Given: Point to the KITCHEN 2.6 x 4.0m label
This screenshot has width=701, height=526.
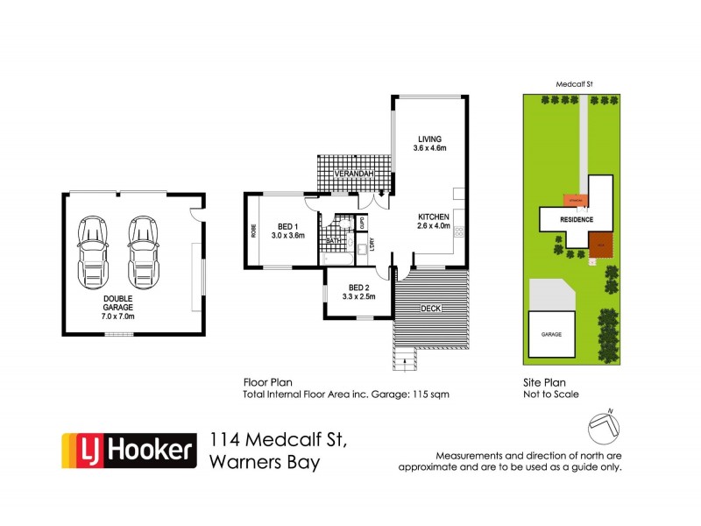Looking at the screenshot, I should pos(433,221).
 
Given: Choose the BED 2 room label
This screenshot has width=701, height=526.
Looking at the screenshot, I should pos(358,292).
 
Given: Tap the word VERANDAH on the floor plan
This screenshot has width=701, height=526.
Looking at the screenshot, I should pos(355,175).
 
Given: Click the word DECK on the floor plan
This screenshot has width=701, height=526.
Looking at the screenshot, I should pos(430,308).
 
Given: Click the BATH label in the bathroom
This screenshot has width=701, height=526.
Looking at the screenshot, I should pos(333,241).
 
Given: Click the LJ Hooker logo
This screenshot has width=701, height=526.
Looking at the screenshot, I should pos(127,451).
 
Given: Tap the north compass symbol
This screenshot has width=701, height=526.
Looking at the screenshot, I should pos(604,425).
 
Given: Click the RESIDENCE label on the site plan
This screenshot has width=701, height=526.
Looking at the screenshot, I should pos(577,219).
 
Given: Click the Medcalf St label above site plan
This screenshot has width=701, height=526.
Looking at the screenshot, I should pos(575,85).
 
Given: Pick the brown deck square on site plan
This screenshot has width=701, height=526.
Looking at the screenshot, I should pos(599,246).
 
